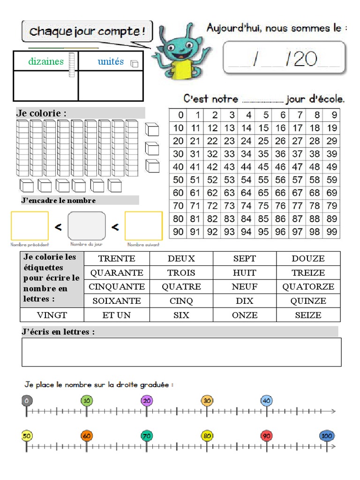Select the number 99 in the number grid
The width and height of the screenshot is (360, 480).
[331, 232]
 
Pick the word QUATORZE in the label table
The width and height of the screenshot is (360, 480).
[308, 286]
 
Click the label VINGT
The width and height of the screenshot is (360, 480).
[52, 315]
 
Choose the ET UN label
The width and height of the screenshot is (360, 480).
[117, 315]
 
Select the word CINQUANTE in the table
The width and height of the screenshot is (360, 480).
[117, 286]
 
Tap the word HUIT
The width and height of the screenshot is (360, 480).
[244, 272]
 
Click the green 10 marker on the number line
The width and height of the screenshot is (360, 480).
[86, 400]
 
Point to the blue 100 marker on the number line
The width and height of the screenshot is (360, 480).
[326, 436]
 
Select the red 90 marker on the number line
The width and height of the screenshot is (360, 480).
[266, 436]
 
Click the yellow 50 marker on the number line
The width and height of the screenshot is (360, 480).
[27, 436]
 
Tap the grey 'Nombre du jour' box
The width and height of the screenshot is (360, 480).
[87, 225]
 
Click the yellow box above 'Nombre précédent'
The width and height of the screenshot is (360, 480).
[30, 225]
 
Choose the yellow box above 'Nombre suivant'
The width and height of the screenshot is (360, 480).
[143, 226]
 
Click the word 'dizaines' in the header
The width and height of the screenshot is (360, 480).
[46, 61]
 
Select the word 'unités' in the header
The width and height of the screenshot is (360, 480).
[111, 61]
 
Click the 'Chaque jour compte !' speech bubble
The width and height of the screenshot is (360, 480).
[87, 32]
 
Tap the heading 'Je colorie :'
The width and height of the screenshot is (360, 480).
[41, 113]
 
